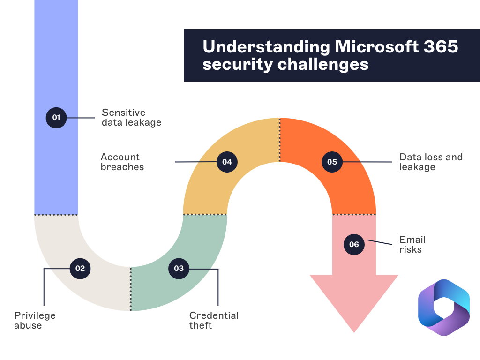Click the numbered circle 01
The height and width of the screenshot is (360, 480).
(56, 117)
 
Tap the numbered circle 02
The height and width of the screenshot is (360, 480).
(80, 268)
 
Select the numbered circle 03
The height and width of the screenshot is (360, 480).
(179, 268)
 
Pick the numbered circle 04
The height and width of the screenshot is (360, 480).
(227, 162)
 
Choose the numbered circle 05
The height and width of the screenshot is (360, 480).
(332, 162)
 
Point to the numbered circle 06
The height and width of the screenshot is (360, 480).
(354, 244)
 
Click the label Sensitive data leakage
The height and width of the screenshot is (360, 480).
(131, 117)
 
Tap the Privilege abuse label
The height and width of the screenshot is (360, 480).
(35, 320)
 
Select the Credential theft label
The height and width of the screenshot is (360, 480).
(214, 320)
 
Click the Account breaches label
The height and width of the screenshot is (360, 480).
(122, 162)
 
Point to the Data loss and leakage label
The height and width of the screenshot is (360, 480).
(430, 162)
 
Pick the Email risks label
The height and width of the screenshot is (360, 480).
(412, 244)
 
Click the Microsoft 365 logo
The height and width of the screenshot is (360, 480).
(443, 307)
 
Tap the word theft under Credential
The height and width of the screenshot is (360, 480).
(201, 325)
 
